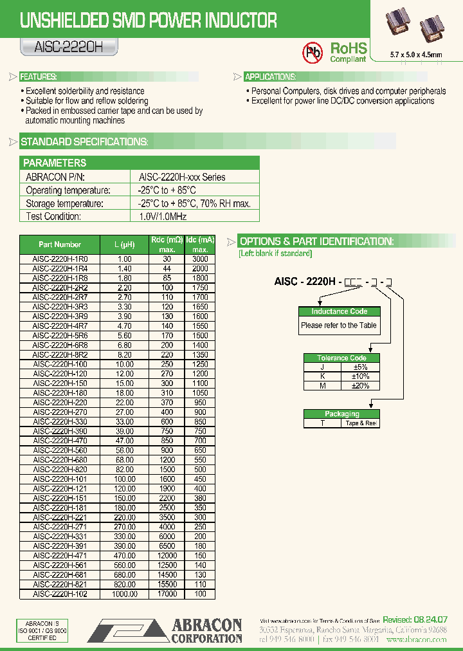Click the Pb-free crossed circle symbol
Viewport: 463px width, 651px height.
click(313, 51)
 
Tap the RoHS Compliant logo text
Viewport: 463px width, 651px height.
click(348, 52)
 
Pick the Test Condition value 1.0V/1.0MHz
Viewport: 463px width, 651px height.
click(163, 217)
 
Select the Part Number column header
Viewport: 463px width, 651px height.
click(60, 244)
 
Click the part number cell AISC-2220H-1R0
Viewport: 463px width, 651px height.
click(60, 259)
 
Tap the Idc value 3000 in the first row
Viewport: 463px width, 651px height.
click(200, 259)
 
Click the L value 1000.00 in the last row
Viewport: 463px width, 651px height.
click(125, 594)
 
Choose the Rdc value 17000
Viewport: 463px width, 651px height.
click(167, 594)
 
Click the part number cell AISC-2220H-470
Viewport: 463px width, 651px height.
click(60, 441)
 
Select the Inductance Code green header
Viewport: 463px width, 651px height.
click(340, 311)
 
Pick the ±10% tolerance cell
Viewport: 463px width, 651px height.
click(361, 376)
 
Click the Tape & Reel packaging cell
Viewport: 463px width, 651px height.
click(361, 423)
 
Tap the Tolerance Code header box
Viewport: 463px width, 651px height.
click(341, 358)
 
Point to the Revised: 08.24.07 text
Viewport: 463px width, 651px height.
click(415, 619)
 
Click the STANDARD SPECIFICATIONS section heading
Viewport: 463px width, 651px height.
click(84, 142)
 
